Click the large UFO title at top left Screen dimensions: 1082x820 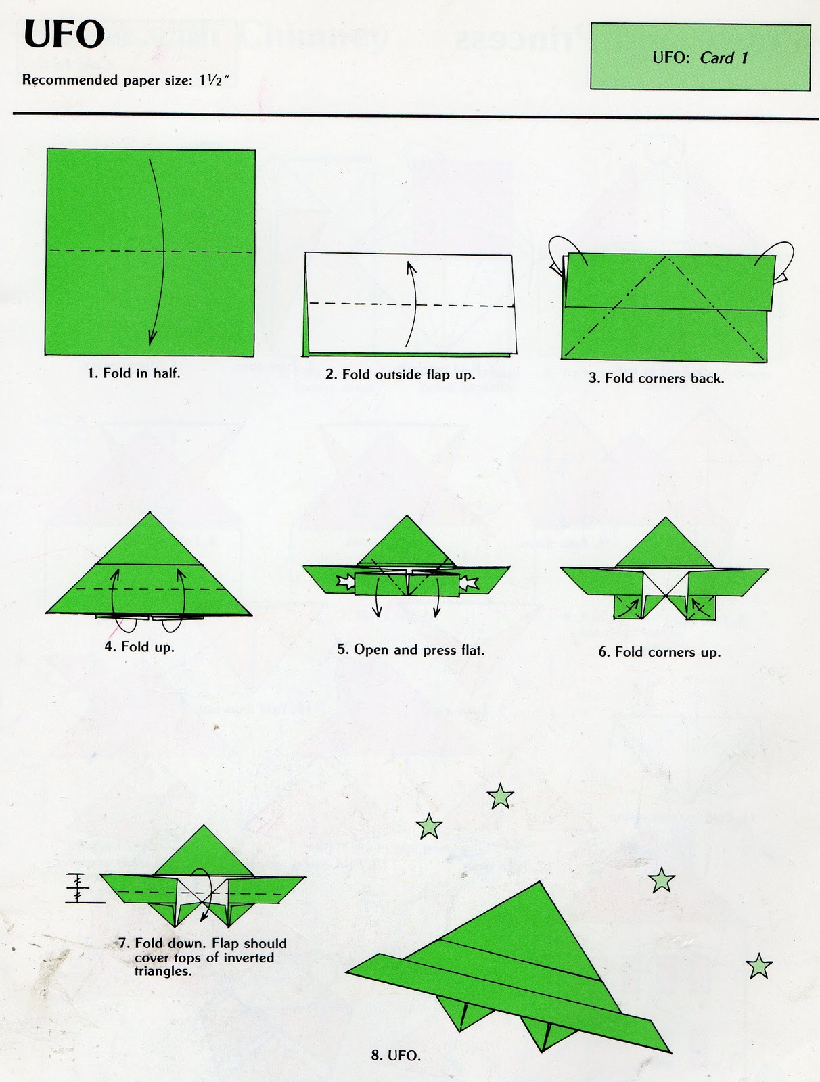click(x=64, y=35)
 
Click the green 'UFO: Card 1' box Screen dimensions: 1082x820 click(x=700, y=57)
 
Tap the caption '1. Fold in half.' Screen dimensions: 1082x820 click(x=134, y=373)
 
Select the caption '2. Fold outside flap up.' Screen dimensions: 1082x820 click(x=400, y=374)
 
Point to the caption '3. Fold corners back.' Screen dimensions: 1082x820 click(x=656, y=378)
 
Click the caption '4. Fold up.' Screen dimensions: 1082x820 click(x=139, y=646)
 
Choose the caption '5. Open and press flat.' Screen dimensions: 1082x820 click(x=411, y=650)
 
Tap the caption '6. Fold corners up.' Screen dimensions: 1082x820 click(x=659, y=652)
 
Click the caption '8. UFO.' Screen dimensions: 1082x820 click(x=396, y=1055)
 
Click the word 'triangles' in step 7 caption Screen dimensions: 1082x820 click(x=162, y=972)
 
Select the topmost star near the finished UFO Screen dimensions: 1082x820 click(x=500, y=797)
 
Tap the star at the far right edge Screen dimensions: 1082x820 click(x=759, y=966)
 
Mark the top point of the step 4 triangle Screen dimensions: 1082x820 click(x=150, y=513)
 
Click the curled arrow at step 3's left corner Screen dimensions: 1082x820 click(x=560, y=254)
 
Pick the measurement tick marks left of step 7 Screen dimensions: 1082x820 click(x=77, y=888)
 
